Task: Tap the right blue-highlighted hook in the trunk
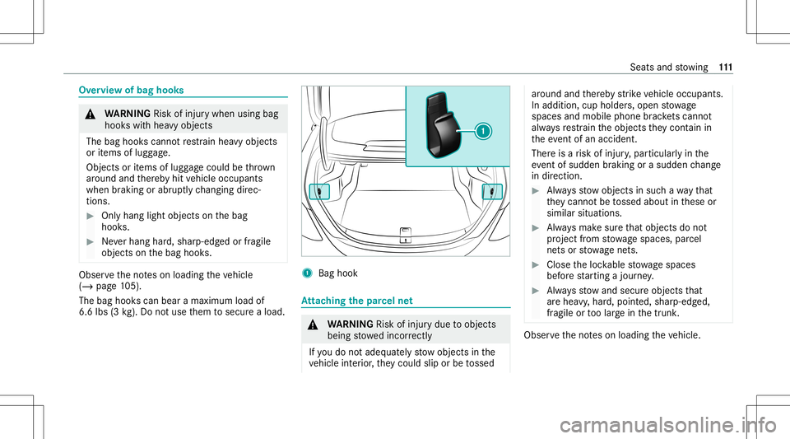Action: coord(491,192)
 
